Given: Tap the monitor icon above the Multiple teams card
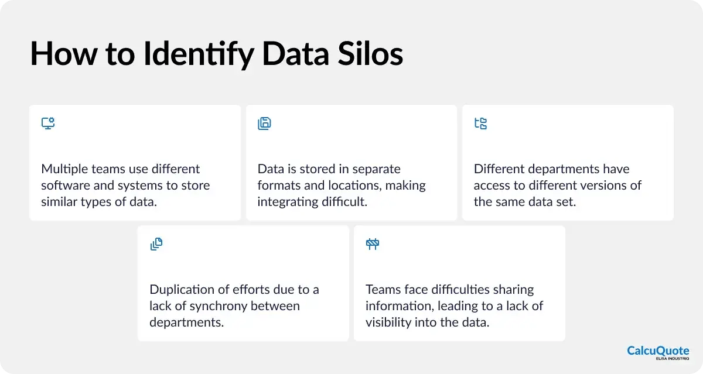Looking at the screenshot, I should tap(48, 123).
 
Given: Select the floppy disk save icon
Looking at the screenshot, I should tap(264, 123).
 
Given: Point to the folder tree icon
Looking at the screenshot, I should tap(480, 123).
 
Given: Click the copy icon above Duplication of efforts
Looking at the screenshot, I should tap(156, 245).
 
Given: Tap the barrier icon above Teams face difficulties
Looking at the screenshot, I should tap(373, 245).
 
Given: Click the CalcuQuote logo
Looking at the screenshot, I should tap(657, 352).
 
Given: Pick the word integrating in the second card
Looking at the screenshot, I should tap(286, 202).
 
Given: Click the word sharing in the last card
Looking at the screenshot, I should tap(513, 290).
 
